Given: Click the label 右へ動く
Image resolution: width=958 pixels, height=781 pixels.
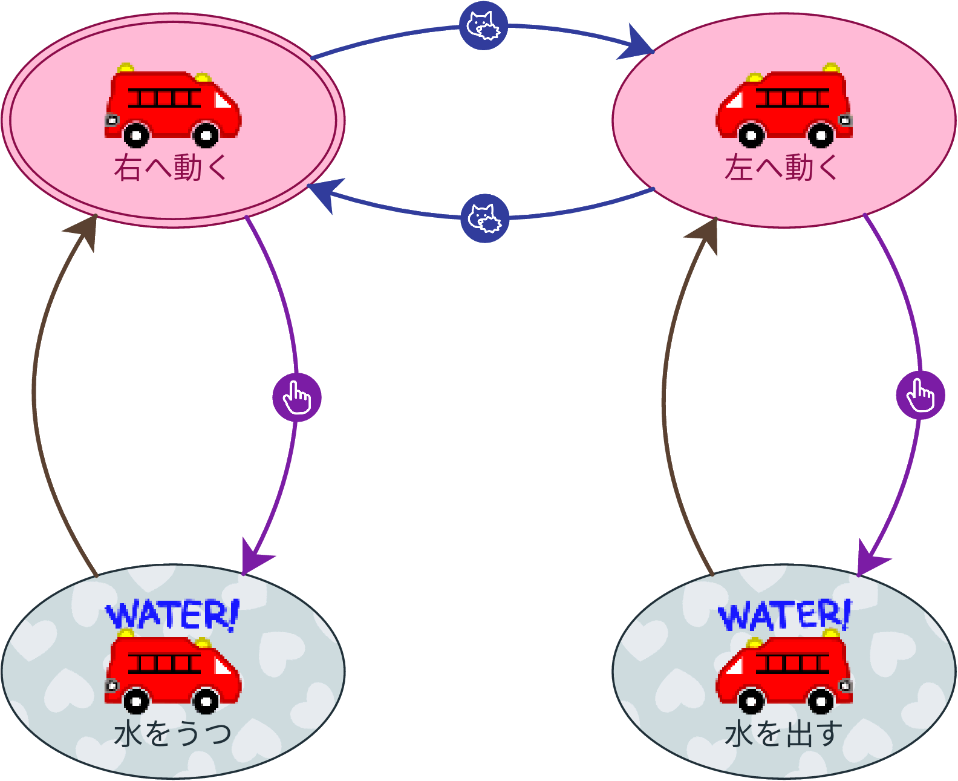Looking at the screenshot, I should click(171, 168).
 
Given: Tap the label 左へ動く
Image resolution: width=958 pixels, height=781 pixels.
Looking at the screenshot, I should click(781, 168).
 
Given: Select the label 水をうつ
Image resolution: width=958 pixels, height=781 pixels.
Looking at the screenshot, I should click(172, 734).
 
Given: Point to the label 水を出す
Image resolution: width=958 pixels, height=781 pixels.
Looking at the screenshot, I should click(783, 734).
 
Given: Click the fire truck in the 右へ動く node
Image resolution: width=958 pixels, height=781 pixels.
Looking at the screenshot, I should click(172, 106).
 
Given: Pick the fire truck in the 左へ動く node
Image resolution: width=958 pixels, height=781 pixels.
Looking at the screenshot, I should click(784, 106).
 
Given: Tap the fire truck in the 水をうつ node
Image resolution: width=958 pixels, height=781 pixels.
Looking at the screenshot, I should click(172, 672).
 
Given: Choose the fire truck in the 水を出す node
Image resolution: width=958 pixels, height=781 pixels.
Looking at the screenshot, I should click(784, 672).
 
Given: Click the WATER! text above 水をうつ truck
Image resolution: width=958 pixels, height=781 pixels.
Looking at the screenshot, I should click(172, 615).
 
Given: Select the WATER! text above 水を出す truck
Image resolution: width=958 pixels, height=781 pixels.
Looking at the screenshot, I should click(784, 616).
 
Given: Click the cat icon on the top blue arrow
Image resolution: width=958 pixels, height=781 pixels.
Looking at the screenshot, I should click(483, 25).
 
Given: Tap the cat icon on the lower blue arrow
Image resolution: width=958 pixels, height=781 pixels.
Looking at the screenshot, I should click(484, 218).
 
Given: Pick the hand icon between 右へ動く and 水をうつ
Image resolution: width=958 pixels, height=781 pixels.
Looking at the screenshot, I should click(297, 397).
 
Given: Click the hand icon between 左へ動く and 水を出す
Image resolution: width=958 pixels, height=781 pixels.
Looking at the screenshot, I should click(920, 395).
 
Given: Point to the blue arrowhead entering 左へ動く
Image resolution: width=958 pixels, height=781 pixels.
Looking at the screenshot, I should click(636, 44).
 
